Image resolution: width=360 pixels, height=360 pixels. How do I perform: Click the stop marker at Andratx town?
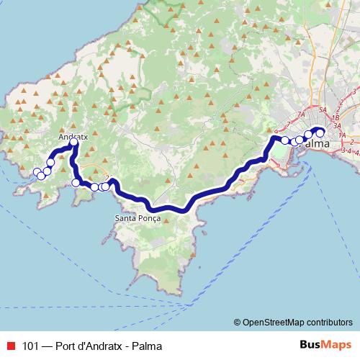click(x=74, y=144)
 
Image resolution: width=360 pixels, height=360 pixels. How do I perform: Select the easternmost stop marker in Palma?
click(x=320, y=132)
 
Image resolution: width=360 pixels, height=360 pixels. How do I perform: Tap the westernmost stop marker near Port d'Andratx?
click(x=37, y=172)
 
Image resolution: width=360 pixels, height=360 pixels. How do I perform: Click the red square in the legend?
click(x=10, y=345)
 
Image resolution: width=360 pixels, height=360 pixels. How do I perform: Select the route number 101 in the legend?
click(x=30, y=345)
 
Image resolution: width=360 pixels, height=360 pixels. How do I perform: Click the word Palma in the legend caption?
click(x=147, y=345)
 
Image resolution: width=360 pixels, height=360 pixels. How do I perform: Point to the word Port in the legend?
click(x=66, y=345)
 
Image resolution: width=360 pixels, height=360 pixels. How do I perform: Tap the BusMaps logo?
click(x=325, y=344)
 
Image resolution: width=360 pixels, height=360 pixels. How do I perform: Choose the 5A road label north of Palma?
click(x=323, y=109)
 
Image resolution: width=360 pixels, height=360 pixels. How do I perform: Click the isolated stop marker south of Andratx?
click(x=76, y=183)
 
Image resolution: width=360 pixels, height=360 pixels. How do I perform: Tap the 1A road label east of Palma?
click(x=343, y=135)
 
